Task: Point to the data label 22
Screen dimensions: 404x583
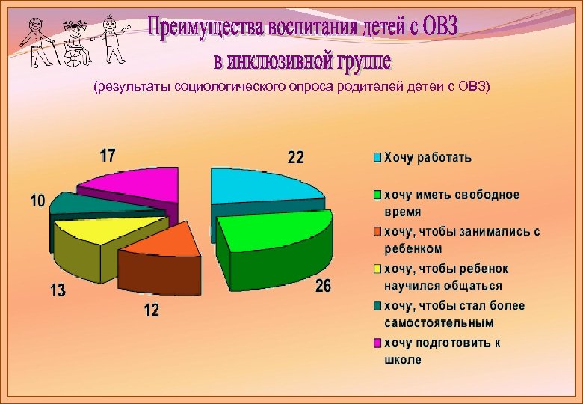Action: pos(296,158)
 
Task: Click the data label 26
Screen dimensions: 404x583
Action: pos(323,287)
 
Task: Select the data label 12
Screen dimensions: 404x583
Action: pos(152,310)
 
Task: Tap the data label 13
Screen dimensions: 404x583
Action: pos(58,290)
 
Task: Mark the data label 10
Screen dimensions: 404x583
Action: pos(37,201)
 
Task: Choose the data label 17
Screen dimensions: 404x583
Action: pos(108,156)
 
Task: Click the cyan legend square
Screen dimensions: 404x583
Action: pos(378,158)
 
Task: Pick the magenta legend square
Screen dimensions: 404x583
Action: pos(378,343)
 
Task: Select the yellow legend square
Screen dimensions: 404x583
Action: pos(378,269)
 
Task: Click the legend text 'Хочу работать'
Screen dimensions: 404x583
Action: pos(428,158)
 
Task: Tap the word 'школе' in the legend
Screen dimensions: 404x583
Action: pos(403,361)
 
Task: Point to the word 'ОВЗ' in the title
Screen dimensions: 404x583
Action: pos(434,28)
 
